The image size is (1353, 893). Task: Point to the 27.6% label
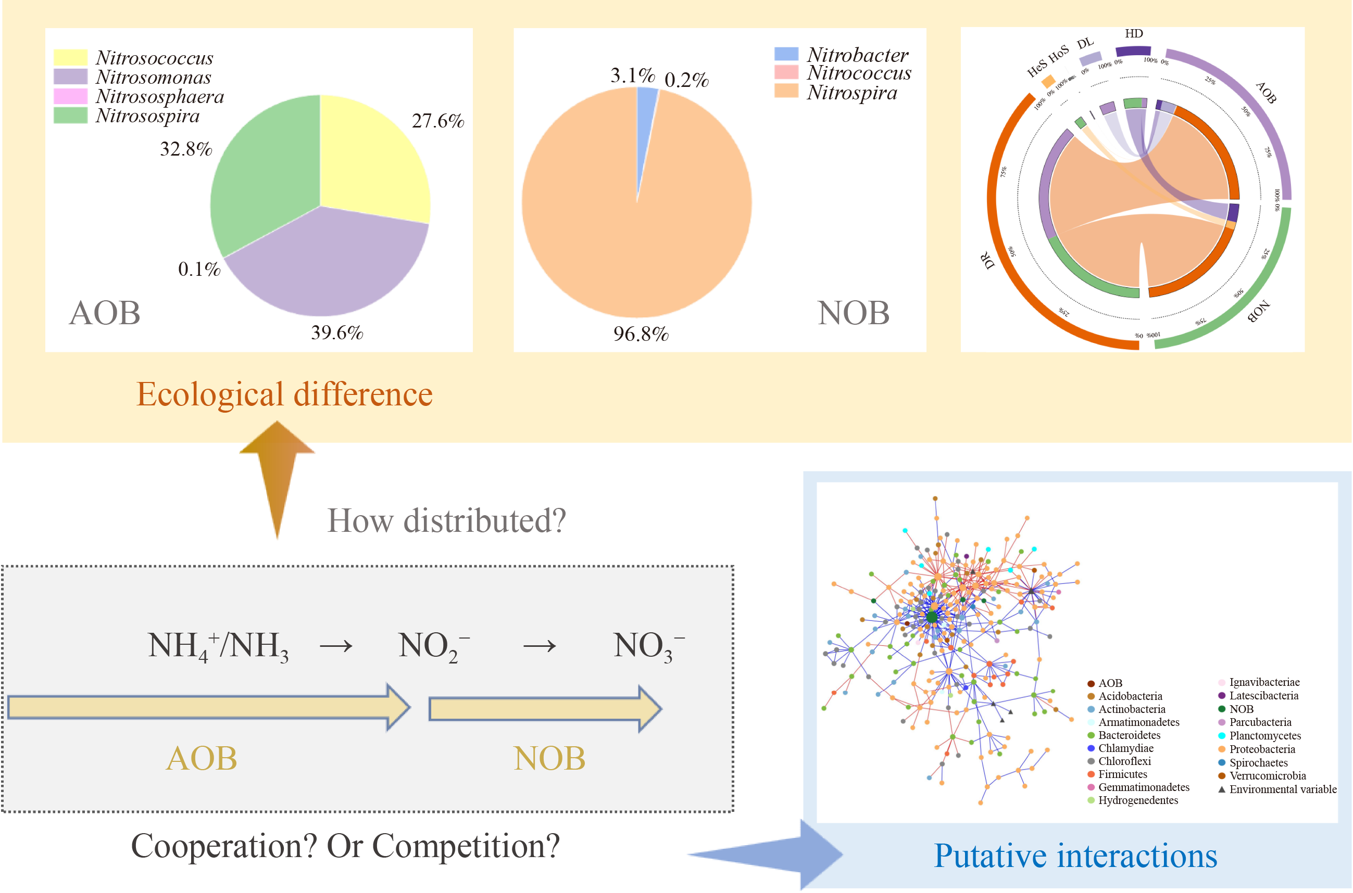pyautogui.click(x=437, y=121)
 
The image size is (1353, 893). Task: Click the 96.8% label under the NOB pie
pyautogui.click(x=641, y=334)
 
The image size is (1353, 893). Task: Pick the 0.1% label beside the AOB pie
pyautogui.click(x=199, y=269)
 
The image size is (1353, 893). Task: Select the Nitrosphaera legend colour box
pyautogui.click(x=70, y=96)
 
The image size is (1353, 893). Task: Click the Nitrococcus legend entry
pyautogui.click(x=858, y=73)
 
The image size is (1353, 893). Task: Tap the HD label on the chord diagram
pyautogui.click(x=1134, y=34)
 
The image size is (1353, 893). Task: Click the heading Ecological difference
pyautogui.click(x=284, y=394)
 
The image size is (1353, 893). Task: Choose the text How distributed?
pyautogui.click(x=446, y=520)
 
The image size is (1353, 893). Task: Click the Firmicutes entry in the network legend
pyautogui.click(x=1122, y=774)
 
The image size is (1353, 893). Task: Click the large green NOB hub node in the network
pyautogui.click(x=931, y=617)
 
